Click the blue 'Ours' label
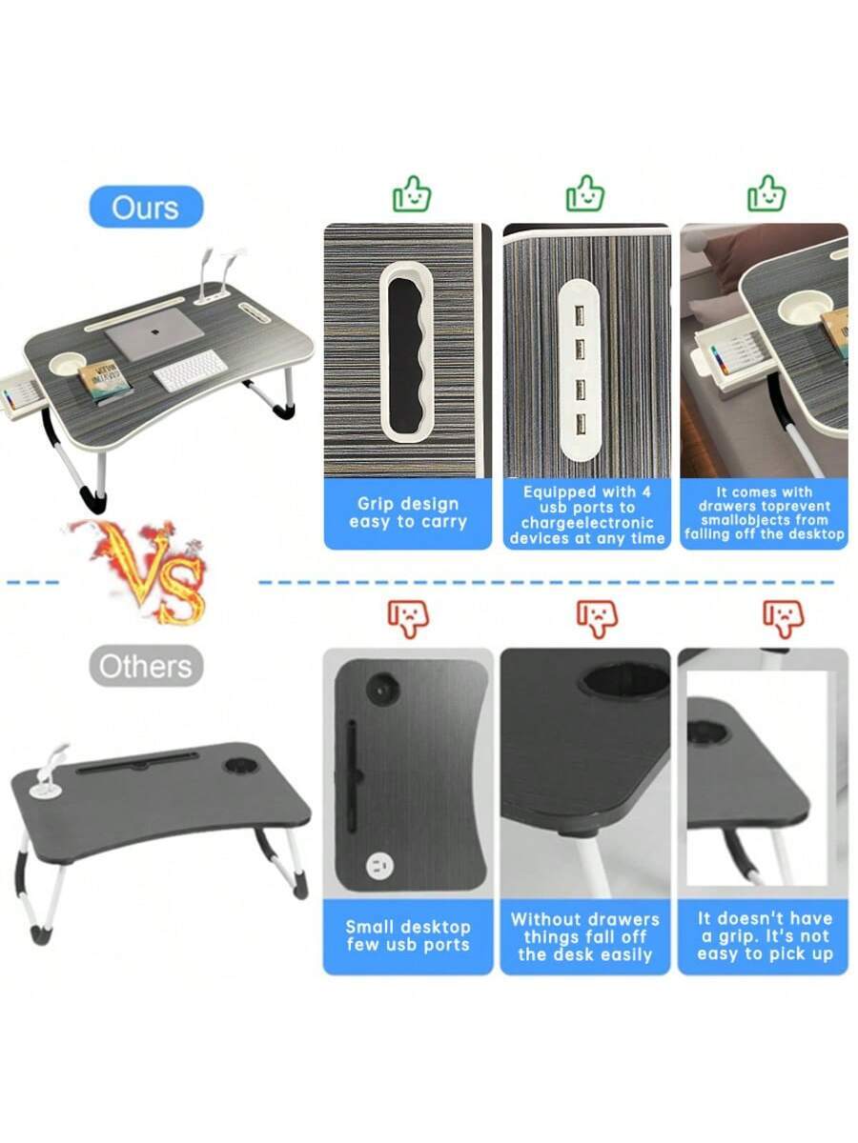click(147, 207)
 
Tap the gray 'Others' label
click(146, 666)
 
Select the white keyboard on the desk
click(191, 371)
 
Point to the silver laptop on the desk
click(154, 333)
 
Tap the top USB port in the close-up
click(580, 315)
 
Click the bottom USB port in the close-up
click(581, 424)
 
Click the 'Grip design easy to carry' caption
click(408, 512)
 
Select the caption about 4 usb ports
click(587, 514)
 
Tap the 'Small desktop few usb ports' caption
click(408, 935)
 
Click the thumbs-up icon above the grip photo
click(412, 193)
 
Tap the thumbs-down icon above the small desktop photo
click(408, 619)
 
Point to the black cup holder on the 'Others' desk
click(240, 765)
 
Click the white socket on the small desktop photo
click(379, 867)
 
